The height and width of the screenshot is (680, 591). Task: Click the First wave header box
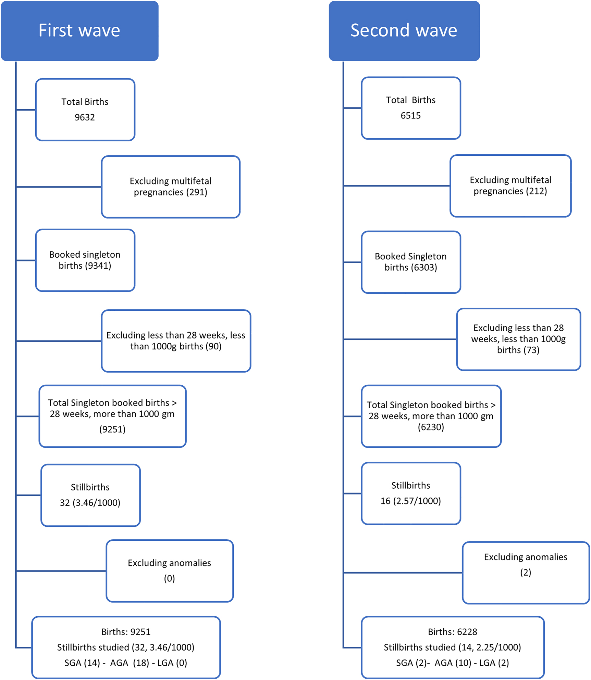point(79,31)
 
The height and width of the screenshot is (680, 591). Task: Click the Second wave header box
point(404,31)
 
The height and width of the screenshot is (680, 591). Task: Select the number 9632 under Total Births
point(85,117)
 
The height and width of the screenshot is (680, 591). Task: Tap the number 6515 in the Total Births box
point(410,116)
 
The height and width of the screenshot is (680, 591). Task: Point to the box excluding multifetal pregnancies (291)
point(171,187)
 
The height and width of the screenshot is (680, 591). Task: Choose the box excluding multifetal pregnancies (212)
point(510,186)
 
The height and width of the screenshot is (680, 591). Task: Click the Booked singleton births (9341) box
point(85,260)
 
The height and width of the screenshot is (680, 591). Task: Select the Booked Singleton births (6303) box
point(410,262)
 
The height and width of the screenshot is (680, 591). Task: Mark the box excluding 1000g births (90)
point(176,341)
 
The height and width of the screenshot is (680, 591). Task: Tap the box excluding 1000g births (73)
point(518,339)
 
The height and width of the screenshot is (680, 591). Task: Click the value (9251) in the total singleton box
point(112,429)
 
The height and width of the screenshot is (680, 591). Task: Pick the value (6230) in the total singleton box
point(431,427)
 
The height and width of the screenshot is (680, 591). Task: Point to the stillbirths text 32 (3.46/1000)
point(90,503)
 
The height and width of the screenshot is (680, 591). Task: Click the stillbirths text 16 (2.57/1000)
point(410,501)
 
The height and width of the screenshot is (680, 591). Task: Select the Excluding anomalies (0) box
point(170,571)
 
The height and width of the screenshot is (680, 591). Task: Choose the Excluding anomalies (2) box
point(525,573)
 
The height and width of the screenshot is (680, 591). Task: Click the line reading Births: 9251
point(126,632)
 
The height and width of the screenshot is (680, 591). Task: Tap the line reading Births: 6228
point(452,632)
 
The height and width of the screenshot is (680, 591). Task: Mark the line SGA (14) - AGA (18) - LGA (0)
point(126,663)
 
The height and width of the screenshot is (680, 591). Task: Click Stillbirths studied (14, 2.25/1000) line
point(452,647)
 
